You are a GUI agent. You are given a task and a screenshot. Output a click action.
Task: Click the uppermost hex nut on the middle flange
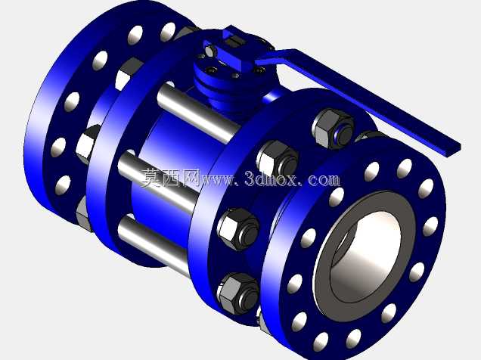[x=333, y=129]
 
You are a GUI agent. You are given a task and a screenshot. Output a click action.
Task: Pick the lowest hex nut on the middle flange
[x=239, y=293]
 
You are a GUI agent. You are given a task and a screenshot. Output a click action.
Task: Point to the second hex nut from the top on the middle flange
[x=278, y=160]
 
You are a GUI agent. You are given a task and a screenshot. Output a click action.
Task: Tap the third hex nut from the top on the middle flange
[x=238, y=228]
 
